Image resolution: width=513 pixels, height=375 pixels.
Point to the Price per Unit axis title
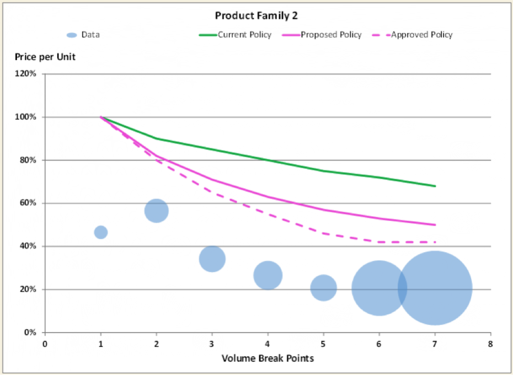tap(45, 57)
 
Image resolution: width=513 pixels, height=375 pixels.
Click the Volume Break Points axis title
tap(268, 358)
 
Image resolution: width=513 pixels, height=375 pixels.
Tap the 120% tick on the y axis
tap(26, 74)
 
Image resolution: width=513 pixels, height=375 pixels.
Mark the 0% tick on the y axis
tap(30, 333)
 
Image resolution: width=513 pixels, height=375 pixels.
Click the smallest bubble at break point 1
tap(101, 232)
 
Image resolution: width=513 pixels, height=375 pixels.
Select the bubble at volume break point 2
tap(157, 211)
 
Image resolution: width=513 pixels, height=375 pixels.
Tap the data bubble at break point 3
tap(212, 259)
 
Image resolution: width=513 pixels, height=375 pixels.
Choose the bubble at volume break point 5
tap(324, 288)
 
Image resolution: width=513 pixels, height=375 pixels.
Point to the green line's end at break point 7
tap(435, 186)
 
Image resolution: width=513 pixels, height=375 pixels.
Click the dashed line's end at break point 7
tap(435, 242)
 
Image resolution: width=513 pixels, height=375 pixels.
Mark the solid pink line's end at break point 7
tap(435, 224)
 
